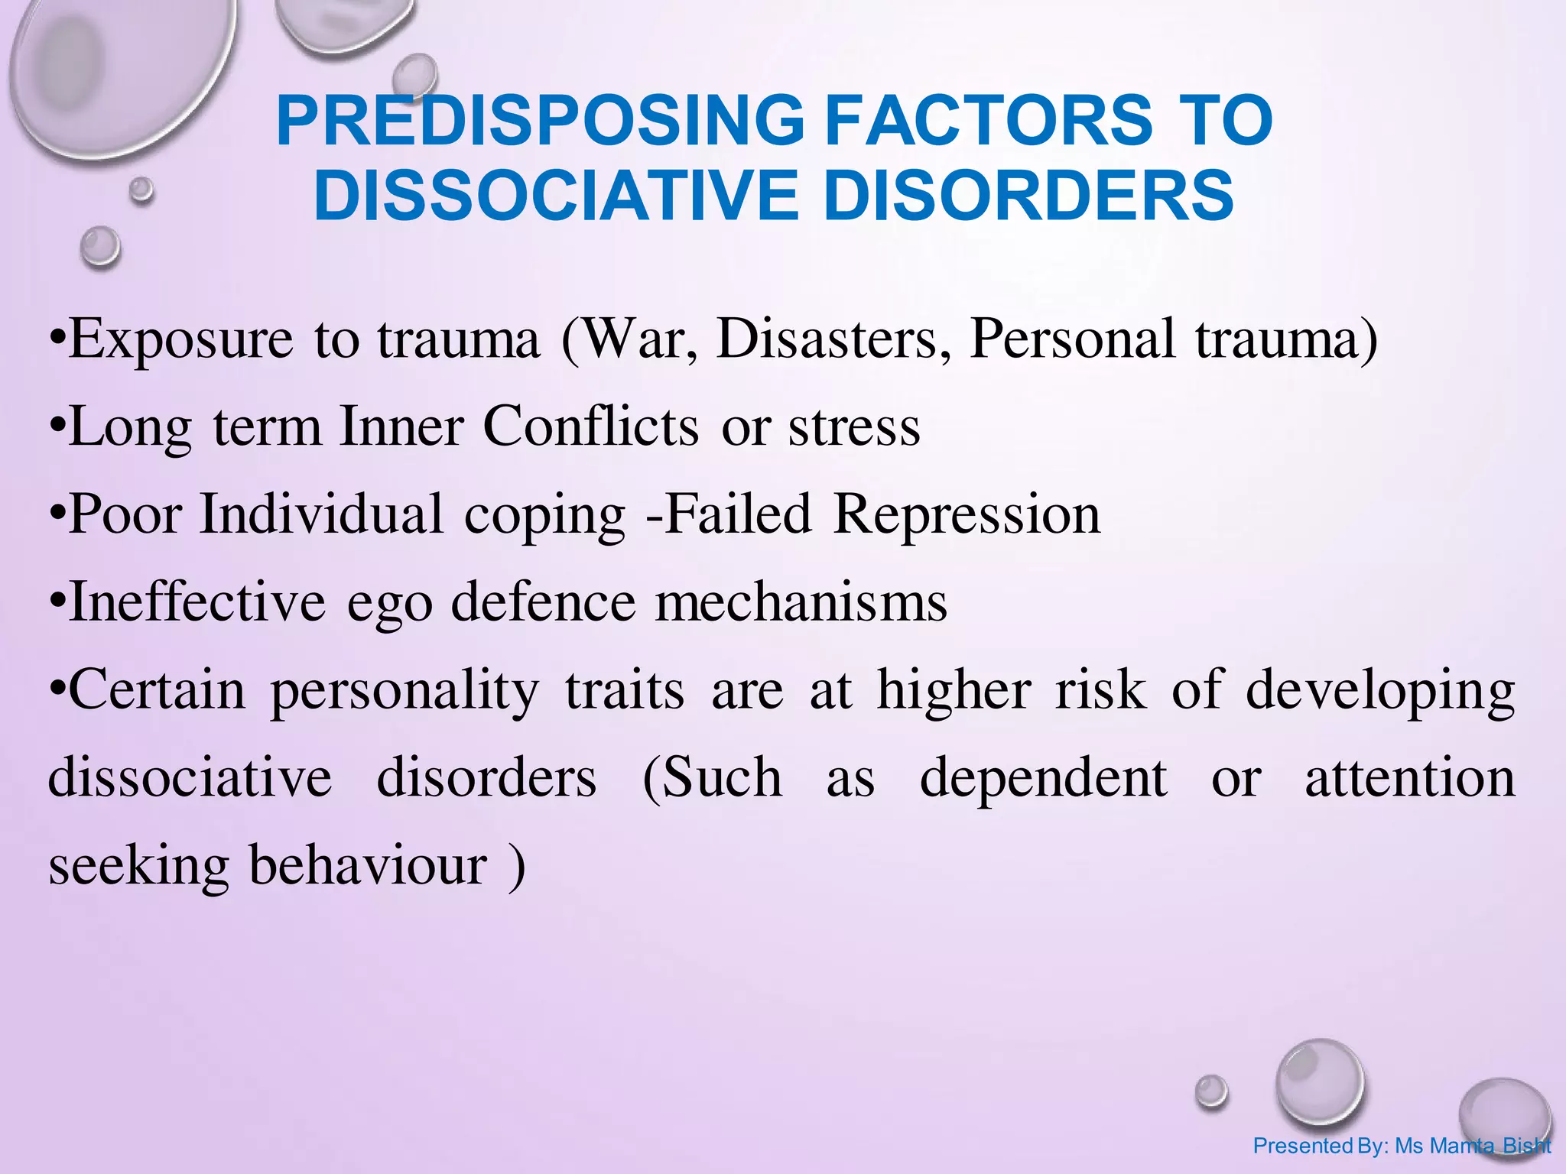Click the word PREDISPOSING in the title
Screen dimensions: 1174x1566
click(540, 121)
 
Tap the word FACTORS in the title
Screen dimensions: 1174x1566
click(989, 121)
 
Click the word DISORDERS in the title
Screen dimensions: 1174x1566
click(1028, 196)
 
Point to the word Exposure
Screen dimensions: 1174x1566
click(181, 339)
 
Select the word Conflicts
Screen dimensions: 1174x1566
click(590, 426)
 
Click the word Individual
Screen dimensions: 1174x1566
click(321, 514)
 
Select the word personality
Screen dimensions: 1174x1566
click(404, 691)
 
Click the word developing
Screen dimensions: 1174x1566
click(1380, 691)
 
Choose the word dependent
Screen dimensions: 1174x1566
click(1043, 778)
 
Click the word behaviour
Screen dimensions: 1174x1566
click(368, 866)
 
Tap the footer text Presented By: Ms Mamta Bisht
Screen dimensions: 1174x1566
click(1402, 1146)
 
